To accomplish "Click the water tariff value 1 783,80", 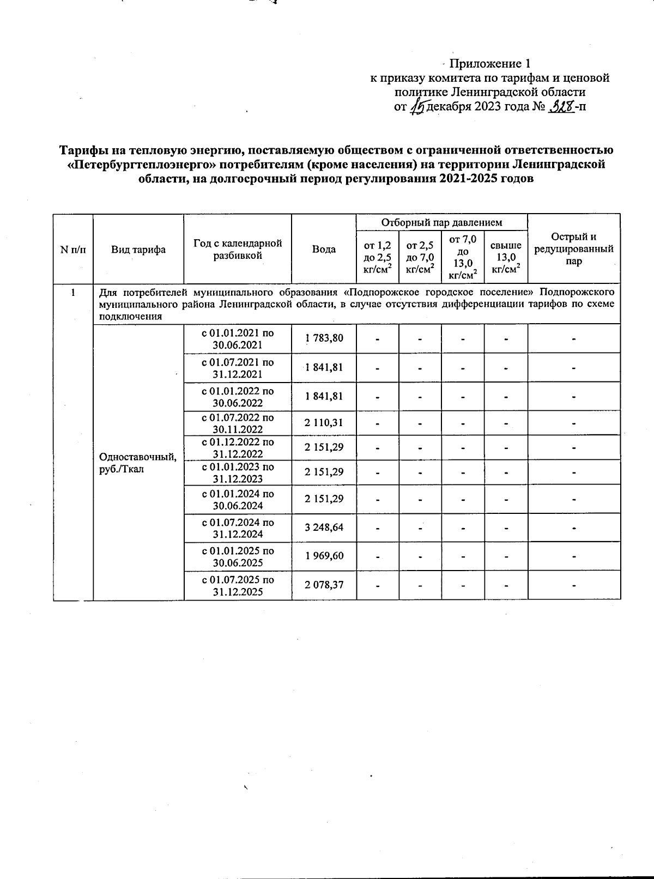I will coord(324,338).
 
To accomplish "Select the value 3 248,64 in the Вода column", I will coord(324,528).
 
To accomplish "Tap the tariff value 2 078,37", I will coord(324,585).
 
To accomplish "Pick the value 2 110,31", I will coord(324,423).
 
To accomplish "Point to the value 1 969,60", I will coord(324,556).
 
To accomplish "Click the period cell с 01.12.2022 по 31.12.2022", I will coord(238,448).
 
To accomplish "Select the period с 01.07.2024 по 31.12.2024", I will coord(238,528).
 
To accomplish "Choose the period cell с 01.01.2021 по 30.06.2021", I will coord(238,338).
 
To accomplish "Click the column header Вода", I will coord(324,250).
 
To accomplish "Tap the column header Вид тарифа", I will coord(138,250).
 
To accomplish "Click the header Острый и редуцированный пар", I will coord(574,249).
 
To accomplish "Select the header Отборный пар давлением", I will coord(441,222).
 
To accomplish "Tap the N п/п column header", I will coord(73,250).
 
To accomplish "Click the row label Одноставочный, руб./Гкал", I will coord(138,463).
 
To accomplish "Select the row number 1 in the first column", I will coord(73,292).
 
